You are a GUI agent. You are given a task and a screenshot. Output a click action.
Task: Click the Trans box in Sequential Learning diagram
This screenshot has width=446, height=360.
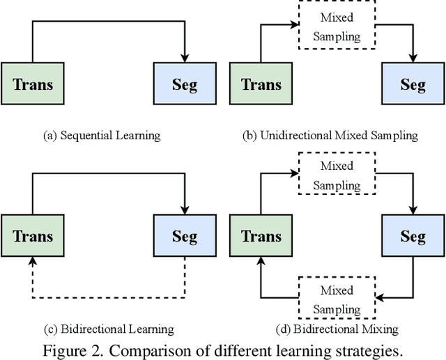33,85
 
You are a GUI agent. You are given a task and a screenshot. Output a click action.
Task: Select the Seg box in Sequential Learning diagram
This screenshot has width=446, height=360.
185,85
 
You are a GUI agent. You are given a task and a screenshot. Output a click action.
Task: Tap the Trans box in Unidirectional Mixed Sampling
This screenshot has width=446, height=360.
261,85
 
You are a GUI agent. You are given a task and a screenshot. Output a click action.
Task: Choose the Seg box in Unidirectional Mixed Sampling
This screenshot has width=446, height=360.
413,85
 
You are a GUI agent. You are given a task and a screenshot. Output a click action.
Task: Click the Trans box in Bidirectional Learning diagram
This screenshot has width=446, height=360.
33,236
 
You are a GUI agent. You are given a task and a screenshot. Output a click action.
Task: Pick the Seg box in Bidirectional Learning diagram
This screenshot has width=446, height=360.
185,236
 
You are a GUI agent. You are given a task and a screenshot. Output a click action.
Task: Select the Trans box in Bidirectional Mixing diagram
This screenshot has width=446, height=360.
261,236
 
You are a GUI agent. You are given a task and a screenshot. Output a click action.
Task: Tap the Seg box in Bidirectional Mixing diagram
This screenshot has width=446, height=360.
413,236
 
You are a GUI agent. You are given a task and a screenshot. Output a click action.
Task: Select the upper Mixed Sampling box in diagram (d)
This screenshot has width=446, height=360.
337,175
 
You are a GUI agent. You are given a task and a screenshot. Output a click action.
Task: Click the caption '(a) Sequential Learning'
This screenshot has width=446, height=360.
102,135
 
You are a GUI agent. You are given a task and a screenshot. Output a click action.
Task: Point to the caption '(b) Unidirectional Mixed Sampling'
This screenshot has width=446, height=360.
330,135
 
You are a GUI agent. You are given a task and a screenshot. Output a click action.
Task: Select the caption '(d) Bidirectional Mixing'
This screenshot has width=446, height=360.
336,329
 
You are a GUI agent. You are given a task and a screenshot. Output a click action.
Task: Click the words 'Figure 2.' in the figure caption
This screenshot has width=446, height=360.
69,349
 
